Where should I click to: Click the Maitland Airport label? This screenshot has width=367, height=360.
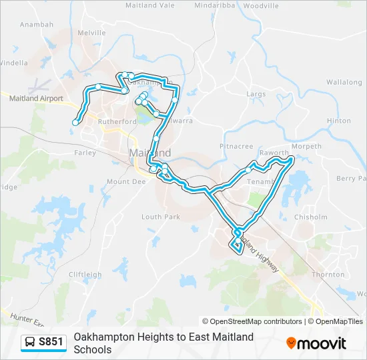click(x=36, y=99)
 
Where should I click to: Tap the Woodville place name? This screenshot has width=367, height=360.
click(x=260, y=5)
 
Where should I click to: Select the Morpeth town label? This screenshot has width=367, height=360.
click(x=307, y=147)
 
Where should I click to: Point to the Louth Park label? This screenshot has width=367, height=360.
click(x=161, y=217)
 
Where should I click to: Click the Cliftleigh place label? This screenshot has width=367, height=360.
click(x=85, y=275)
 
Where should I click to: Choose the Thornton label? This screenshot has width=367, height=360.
click(x=328, y=274)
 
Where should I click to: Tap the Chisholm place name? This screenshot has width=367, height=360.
click(x=311, y=217)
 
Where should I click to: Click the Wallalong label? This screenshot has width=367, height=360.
click(x=344, y=83)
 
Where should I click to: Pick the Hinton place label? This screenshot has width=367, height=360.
click(x=339, y=121)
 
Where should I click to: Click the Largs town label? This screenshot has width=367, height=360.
click(x=256, y=95)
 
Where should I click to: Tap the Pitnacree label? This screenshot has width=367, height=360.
click(x=236, y=146)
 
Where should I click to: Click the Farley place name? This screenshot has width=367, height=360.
click(x=85, y=153)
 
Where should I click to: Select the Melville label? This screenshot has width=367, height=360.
click(x=92, y=32)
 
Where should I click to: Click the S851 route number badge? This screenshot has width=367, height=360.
click(x=51, y=343)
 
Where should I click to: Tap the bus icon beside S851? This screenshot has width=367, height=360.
click(x=30, y=343)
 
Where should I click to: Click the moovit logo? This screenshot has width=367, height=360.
click(x=316, y=343)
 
